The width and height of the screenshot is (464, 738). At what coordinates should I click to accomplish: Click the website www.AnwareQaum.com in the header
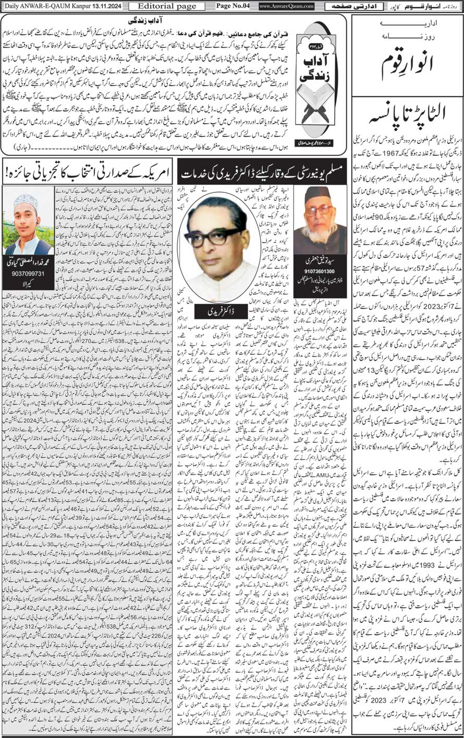[286, 6]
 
